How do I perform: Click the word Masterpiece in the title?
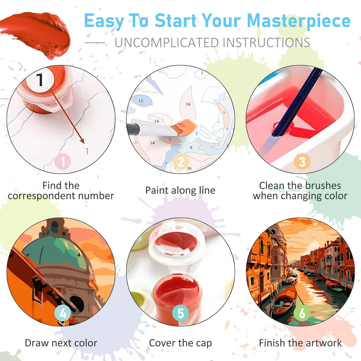pos(299,21)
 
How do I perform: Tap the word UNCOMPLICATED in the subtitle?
pos(167,43)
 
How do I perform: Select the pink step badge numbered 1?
pos(63,162)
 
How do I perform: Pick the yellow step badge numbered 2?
pos(181,162)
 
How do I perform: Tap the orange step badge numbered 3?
pos(302,162)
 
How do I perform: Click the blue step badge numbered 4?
pos(63,313)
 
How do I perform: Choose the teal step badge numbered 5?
pos(180,313)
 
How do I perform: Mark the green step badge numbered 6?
pos(302,313)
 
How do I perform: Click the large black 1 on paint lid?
pos(40,80)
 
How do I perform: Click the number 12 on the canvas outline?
pos(141,101)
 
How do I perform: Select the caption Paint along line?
pos(180,190)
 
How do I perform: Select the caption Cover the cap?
pos(180,343)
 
